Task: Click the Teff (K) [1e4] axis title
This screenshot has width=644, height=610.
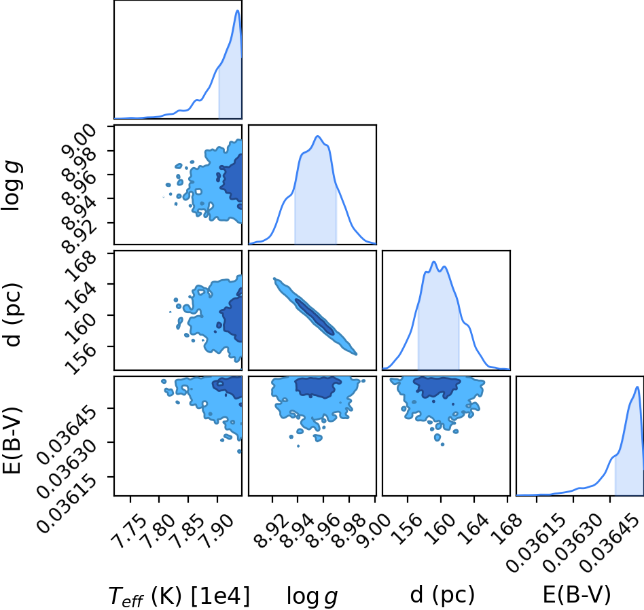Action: pyautogui.click(x=179, y=596)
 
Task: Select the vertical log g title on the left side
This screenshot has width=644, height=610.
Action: pyautogui.click(x=12, y=185)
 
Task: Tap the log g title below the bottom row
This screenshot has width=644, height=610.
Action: pyautogui.click(x=312, y=596)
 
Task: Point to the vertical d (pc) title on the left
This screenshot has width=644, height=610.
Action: pyautogui.click(x=12, y=315)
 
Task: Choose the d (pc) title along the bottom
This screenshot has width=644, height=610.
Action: pyautogui.click(x=442, y=595)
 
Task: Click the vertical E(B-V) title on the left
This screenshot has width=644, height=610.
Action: pyautogui.click(x=12, y=440)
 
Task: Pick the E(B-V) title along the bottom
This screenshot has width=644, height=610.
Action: pyautogui.click(x=577, y=595)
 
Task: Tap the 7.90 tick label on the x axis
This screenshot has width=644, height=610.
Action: pyautogui.click(x=217, y=532)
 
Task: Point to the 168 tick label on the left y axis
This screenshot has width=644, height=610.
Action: pyautogui.click(x=80, y=266)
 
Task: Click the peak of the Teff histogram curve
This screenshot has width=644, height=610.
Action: pyautogui.click(x=237, y=10)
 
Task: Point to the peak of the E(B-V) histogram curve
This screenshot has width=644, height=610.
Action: pyautogui.click(x=637, y=387)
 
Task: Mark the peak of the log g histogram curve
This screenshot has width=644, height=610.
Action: pyautogui.click(x=317, y=136)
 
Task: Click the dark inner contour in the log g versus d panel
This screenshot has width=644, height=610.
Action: pyautogui.click(x=315, y=316)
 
